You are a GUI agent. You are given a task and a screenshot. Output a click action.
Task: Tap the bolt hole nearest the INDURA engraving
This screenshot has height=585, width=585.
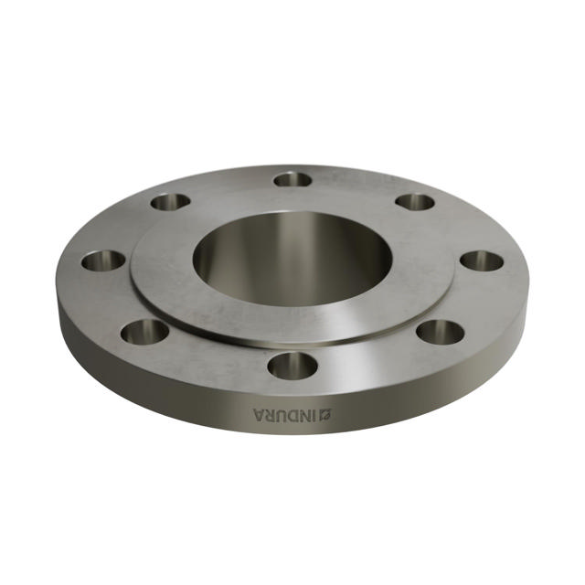tap(292, 366)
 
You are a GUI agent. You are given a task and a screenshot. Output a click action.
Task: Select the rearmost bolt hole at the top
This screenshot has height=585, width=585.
tap(292, 179)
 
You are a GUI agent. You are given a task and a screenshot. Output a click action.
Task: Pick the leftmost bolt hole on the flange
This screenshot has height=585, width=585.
tap(102, 261)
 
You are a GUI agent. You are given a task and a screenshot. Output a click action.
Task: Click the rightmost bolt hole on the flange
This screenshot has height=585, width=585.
tap(482, 261)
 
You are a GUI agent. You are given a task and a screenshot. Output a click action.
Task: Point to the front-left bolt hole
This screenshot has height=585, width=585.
tap(144, 331)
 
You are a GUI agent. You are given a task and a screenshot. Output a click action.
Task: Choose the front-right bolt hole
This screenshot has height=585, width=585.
tap(440, 331)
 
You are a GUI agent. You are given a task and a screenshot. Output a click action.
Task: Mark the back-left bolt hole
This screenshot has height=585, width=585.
tap(170, 202)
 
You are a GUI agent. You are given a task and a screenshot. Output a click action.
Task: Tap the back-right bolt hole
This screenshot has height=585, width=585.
tap(414, 202)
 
